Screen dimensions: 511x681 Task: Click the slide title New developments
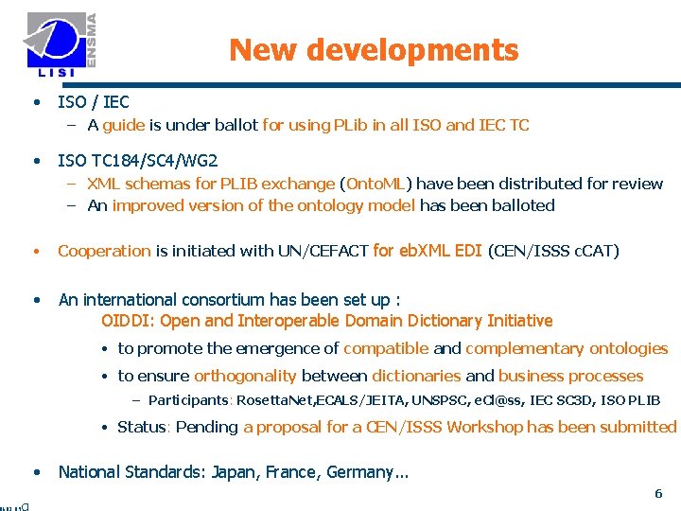click(x=374, y=49)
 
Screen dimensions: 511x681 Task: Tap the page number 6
click(x=658, y=494)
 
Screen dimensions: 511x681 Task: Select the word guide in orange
click(x=123, y=125)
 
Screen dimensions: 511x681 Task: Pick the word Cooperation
click(x=104, y=251)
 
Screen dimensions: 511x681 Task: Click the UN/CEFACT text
click(x=323, y=251)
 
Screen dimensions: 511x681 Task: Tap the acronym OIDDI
click(x=127, y=321)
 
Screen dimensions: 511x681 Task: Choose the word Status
click(x=141, y=427)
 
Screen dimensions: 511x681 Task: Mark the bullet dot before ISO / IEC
click(x=35, y=102)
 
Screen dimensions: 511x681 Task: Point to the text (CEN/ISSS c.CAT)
click(x=553, y=251)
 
